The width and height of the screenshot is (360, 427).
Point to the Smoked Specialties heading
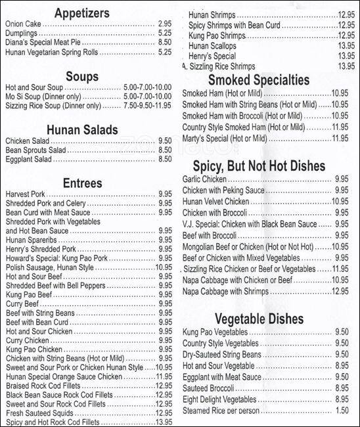(259, 81)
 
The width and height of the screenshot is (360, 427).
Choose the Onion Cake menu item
(23, 23)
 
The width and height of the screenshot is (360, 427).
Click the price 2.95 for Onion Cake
(164, 23)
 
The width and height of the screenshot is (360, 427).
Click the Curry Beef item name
(24, 304)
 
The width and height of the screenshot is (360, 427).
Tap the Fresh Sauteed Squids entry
(37, 414)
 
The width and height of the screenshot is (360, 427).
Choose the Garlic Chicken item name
(204, 178)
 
